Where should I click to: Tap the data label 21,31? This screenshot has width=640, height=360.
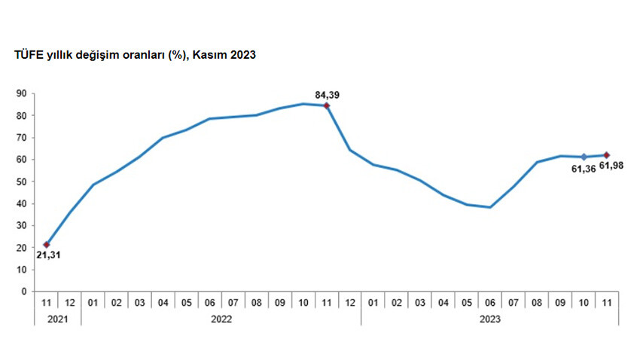pos(47,255)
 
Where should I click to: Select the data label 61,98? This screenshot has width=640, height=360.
pos(613,169)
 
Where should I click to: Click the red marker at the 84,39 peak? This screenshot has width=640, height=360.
pos(326,105)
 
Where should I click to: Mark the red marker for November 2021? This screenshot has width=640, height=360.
pos(47,244)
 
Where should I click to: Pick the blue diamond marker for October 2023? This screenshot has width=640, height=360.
pos(584,157)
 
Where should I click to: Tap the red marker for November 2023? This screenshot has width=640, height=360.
pos(607,155)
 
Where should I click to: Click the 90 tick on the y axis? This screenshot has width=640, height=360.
pos(21,94)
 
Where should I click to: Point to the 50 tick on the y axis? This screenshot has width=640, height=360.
pos(21,182)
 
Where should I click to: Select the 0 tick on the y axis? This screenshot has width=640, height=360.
pos(24,291)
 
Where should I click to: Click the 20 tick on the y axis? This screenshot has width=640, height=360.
pos(21,248)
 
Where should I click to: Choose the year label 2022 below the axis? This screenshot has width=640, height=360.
pos(221,319)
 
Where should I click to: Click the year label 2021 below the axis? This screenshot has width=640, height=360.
pos(58,319)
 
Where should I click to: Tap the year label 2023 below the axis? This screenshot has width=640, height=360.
pos(489,319)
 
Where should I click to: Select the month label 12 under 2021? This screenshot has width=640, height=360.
pos(70,302)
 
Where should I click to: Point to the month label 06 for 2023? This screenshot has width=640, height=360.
pos(490,302)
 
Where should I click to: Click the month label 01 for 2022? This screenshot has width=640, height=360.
pos(93,302)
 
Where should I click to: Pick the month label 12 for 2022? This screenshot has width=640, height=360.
pos(350,302)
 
